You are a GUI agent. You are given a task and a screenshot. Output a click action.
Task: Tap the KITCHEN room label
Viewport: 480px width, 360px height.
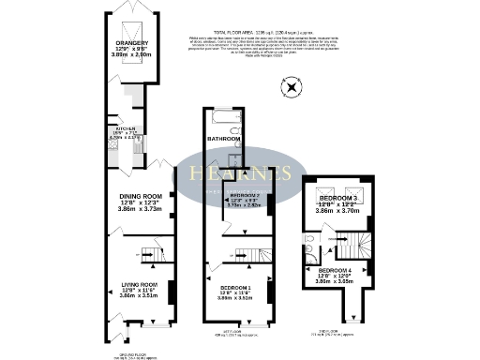click(127, 128)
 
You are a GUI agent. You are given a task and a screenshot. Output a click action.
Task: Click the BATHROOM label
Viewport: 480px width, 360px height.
click(225, 138)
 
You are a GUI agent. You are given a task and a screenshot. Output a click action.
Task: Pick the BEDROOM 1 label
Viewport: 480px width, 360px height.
click(236, 288)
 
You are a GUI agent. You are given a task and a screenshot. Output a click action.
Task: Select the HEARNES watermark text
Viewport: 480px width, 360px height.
click(240, 174)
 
